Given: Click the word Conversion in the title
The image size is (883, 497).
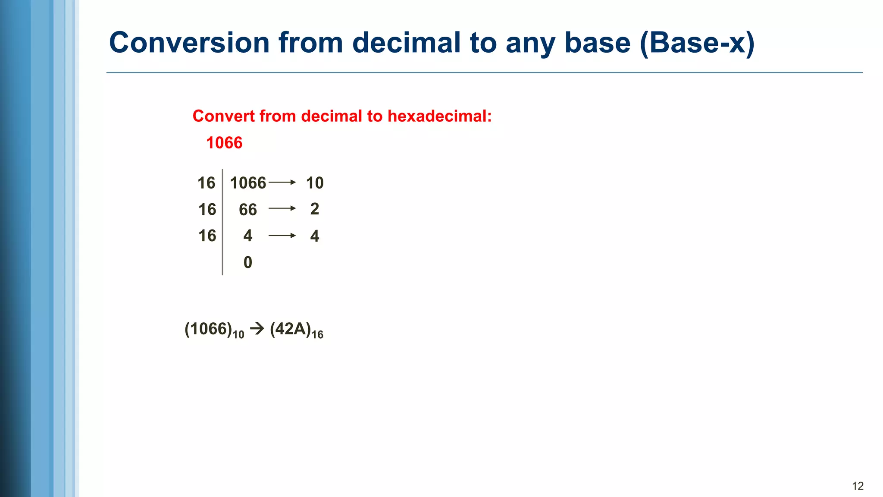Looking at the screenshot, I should pos(189,43).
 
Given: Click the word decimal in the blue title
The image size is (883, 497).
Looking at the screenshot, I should pos(406,43).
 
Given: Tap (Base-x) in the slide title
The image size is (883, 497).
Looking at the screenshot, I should pos(697,44).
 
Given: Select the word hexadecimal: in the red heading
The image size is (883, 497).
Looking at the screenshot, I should pos(439,116).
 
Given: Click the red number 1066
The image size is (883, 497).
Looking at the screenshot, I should pos(224,143).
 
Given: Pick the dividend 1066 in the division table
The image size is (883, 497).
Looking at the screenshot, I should pos(248,183).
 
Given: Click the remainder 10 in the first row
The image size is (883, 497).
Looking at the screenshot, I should pos(315,183).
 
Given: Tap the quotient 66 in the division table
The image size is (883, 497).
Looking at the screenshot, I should pos(248,210).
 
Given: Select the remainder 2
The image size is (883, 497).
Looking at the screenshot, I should pos(315,209).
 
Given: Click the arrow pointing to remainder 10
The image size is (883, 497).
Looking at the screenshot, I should pos(282,182).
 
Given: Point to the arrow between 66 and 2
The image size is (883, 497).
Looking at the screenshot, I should pos(282,208).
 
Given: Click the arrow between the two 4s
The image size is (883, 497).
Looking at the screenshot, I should pos(282,236).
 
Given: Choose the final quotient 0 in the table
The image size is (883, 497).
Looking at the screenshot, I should pos(248,262).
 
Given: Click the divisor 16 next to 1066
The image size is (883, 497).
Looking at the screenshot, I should pos(206,183).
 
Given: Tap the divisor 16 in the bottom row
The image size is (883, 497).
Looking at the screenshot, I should pos(207,236).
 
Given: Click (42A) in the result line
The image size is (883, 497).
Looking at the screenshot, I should pos(291,329).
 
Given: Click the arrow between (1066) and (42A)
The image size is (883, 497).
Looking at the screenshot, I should pos(257,329).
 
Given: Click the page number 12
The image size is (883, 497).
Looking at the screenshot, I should pos(858,486).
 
